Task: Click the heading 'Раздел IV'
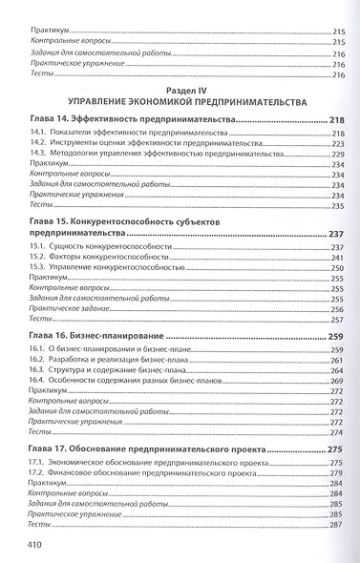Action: pos(179,85)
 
